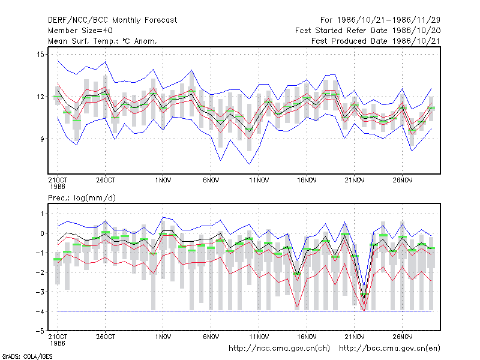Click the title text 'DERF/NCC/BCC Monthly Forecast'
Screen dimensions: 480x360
pos(112,20)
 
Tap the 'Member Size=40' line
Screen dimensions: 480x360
pos(80,31)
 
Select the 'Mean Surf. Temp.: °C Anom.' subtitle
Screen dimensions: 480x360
pos(103,41)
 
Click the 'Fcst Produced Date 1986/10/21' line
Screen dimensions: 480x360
pos(376,41)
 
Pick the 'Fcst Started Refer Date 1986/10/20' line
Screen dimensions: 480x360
pos(368,31)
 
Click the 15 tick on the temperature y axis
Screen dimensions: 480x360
pos(40,55)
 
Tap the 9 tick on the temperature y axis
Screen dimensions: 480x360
pos(42,139)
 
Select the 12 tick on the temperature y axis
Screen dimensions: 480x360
pos(40,97)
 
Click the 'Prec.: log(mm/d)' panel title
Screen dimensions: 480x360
pos(82,198)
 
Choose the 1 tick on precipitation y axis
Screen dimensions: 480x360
pos(42,214)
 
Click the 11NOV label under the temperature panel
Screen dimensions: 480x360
pos(259,181)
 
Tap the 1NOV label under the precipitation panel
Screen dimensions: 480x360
pos(163,337)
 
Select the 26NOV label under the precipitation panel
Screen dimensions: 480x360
pos(403,337)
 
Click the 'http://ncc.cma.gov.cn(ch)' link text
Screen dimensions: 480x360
pos(279,349)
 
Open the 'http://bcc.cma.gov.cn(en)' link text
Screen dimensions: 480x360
pos(389,349)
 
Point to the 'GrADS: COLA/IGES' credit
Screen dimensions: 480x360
pos(28,356)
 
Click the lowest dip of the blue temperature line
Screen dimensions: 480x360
pos(250,164)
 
